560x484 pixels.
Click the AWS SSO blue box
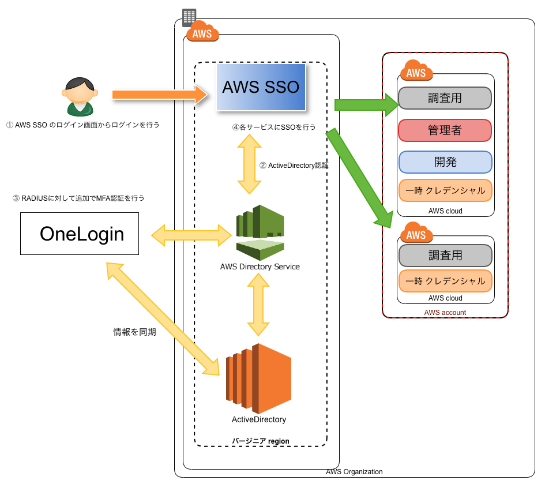click(261, 87)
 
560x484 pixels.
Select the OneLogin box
click(80, 234)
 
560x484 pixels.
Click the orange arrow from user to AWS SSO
click(159, 94)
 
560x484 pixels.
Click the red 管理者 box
click(445, 130)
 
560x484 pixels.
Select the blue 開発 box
click(445, 162)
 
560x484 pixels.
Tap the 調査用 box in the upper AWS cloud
click(445, 98)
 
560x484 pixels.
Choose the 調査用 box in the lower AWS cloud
click(445, 255)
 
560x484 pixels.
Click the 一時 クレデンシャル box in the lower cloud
click(445, 281)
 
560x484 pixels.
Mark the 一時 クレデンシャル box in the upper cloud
click(445, 190)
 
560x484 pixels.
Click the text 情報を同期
click(134, 332)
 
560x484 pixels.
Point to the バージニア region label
click(261, 441)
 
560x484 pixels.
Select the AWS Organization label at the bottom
click(354, 472)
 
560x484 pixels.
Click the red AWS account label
click(445, 313)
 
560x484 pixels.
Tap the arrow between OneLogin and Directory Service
click(192, 234)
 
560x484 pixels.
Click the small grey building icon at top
click(189, 17)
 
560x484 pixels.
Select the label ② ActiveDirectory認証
click(294, 166)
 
